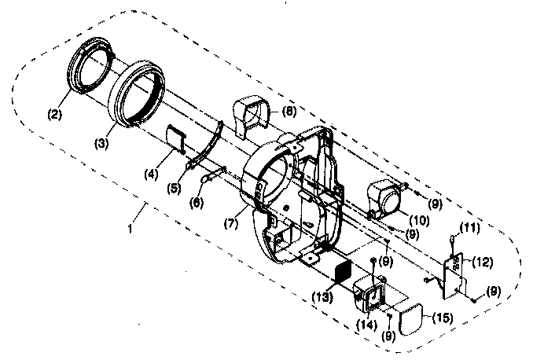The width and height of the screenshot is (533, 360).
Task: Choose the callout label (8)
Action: [x=289, y=112]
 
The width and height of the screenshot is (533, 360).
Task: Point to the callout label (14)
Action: [x=366, y=322]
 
